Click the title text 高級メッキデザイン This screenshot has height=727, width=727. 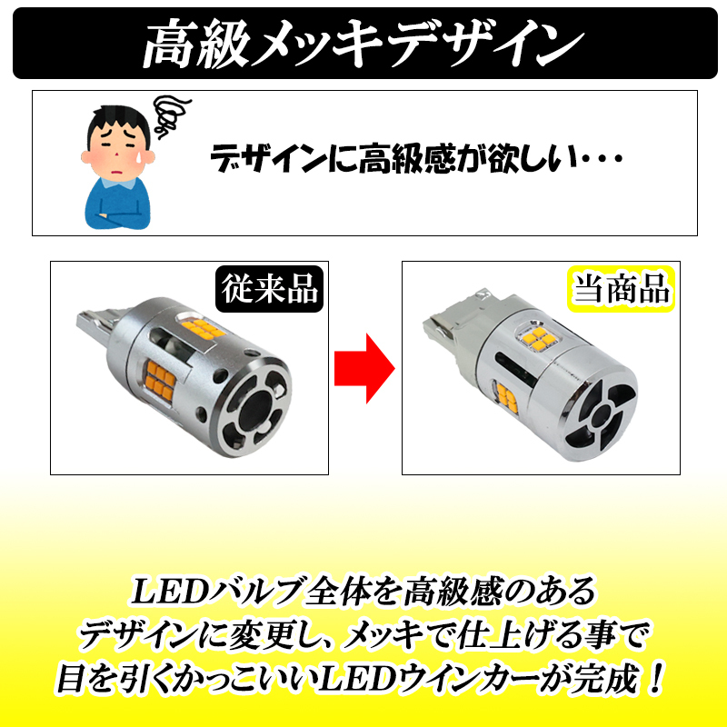pos(363,41)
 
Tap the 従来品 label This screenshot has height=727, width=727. pos(269,290)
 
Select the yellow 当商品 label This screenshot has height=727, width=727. pos(621,290)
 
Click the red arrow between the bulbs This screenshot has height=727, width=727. pos(363,366)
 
